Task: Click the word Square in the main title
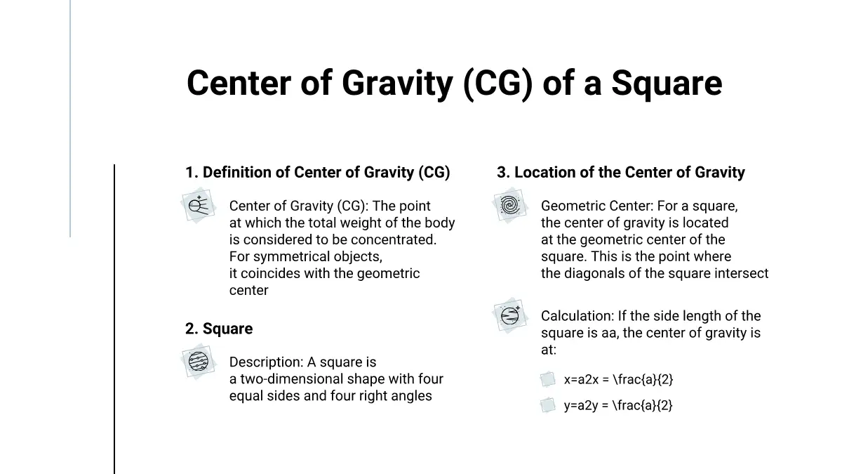coord(667,84)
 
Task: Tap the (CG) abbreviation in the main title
coord(497,84)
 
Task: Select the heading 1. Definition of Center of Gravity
coord(318,172)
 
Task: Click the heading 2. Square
coord(219,329)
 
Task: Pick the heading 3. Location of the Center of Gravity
coord(620,172)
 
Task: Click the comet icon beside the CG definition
coord(199,205)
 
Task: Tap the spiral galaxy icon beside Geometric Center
coord(510,205)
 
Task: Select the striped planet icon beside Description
coord(199,362)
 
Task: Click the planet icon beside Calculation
coord(510,315)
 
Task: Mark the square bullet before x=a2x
coord(548,379)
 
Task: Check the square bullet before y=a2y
coord(548,405)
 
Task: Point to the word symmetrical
coord(288,256)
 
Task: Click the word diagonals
coord(596,274)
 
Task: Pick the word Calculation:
coord(577,316)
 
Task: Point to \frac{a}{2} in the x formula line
coord(643,380)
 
